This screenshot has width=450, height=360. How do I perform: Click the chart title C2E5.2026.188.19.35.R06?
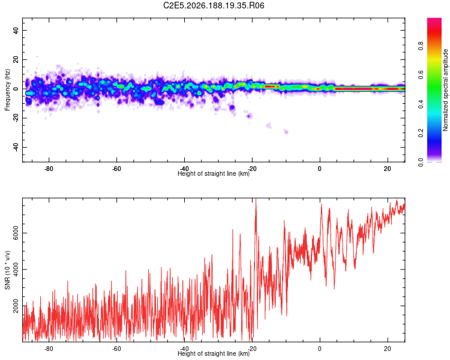214,5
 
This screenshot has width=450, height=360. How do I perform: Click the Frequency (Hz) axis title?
7,90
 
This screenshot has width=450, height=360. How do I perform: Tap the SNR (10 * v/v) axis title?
7,270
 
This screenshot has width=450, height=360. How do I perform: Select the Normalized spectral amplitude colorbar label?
445,90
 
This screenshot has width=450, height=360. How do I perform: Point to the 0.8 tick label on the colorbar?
421,46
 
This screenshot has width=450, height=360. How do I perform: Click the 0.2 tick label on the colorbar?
421,133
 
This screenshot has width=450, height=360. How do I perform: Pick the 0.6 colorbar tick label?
421,75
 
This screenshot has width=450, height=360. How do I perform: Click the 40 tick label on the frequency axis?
16,30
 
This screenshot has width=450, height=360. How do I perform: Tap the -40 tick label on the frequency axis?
16,147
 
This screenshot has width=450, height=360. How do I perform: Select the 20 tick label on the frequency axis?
16,59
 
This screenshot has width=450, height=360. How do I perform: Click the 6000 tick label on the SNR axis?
16,233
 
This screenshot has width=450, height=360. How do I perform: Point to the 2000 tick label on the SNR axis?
16,306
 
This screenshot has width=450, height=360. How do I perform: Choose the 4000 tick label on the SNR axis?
16,269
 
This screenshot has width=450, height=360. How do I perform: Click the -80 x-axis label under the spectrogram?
49,169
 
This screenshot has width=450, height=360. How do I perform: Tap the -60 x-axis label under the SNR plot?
116,349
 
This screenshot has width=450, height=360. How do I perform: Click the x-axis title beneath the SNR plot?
214,353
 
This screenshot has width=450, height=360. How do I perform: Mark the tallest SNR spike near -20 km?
256,200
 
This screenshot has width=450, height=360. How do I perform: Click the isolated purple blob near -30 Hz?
286,132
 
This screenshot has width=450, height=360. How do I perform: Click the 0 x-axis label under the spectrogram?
320,169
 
